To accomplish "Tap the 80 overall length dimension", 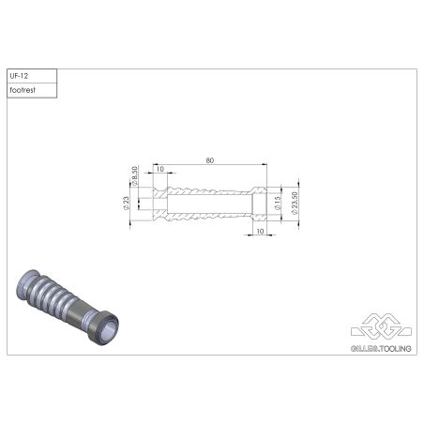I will coord(209,161).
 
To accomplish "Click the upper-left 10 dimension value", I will coord(161,170).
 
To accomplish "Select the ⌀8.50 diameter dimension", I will coord(137,175).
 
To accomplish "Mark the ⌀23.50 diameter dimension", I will coord(295,203).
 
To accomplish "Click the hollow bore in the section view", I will coord(208,204).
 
